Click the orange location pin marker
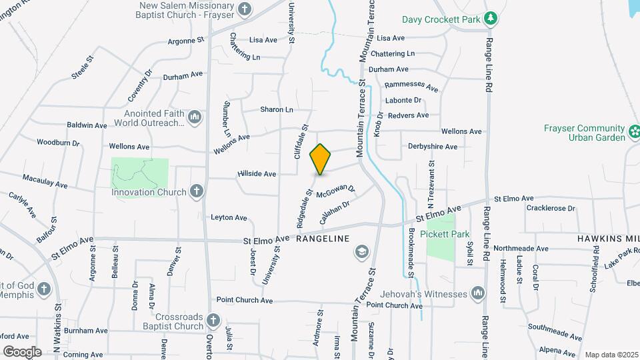[321, 159]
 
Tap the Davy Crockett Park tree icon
[491, 17]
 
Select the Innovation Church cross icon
[196, 192]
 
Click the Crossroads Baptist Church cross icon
[213, 321]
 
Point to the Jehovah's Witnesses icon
[477, 293]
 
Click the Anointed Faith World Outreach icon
[195, 117]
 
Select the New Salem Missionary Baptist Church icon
[245, 9]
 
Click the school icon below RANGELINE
[361, 251]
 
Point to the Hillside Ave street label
[257, 174]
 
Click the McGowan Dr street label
[336, 192]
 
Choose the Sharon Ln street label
[277, 109]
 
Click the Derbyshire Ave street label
[433, 147]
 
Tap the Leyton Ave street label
[229, 217]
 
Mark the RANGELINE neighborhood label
[323, 238]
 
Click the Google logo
[22, 351]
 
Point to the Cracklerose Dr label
[550, 208]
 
